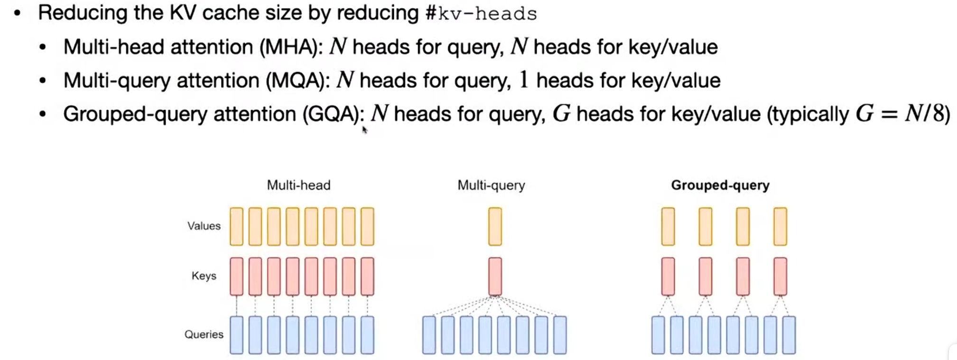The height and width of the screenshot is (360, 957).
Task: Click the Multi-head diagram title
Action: [x=298, y=185]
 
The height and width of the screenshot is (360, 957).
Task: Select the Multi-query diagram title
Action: [x=491, y=185]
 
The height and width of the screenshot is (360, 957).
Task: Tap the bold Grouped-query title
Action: [x=720, y=185]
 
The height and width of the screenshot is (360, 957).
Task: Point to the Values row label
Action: [x=204, y=226]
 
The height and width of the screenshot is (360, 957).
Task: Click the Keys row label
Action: [x=204, y=276]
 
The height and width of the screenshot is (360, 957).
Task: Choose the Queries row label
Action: [x=204, y=334]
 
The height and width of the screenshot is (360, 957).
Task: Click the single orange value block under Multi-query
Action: [x=495, y=226]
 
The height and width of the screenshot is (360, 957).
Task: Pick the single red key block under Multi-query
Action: [x=495, y=276]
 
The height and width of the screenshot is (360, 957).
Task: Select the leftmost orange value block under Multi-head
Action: [x=236, y=226]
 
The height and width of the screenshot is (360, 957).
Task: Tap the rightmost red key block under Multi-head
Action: [x=367, y=276]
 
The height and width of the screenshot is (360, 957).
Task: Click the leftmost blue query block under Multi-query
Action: [x=429, y=335]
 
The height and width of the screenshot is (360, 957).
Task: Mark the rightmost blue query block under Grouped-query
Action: [x=789, y=335]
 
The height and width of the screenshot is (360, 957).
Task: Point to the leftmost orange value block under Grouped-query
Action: [x=668, y=226]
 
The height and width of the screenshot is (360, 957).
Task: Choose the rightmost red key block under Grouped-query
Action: [x=780, y=276]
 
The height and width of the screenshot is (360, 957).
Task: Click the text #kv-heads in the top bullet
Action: [x=481, y=13]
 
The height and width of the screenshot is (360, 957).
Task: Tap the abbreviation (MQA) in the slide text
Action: [x=298, y=81]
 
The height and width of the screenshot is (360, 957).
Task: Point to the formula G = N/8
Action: [x=901, y=114]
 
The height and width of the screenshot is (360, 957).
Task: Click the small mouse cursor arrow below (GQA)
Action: [x=364, y=129]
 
